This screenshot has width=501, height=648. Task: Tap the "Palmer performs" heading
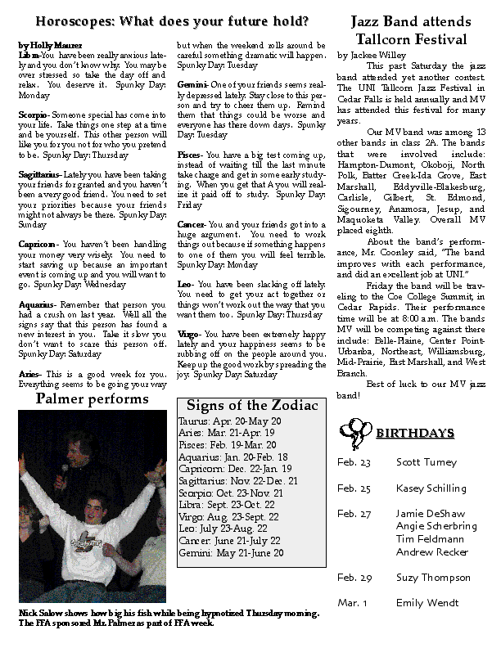click(93, 399)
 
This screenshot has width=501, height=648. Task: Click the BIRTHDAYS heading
click(410, 432)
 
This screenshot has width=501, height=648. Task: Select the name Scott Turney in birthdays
click(426, 462)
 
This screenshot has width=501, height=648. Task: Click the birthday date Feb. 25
click(354, 488)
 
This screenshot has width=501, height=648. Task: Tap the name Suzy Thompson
click(434, 578)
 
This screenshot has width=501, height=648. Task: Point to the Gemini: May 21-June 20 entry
click(230, 553)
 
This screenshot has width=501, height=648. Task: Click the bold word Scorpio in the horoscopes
click(33, 115)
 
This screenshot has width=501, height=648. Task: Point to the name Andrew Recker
click(432, 552)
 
